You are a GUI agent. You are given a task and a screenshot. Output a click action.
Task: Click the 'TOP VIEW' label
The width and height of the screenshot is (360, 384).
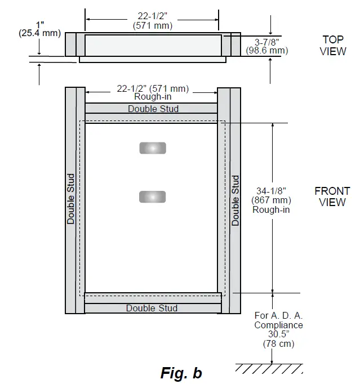pos(333,45)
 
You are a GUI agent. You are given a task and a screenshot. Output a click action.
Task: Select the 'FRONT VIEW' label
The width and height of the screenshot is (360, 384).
pos(332,197)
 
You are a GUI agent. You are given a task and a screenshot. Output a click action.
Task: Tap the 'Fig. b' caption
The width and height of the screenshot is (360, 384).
pos(181,373)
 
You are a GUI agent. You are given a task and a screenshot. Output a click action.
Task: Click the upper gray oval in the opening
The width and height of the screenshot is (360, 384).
pos(153,148)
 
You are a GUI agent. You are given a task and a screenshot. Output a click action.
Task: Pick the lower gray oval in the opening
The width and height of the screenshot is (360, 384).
pos(153,197)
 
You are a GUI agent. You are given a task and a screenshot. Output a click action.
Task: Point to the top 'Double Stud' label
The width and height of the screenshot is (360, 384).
pos(153,109)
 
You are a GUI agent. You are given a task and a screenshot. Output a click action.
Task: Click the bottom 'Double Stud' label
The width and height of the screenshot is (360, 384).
pos(152,308)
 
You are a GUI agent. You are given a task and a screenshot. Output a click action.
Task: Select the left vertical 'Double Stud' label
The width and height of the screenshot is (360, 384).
pos(71,199)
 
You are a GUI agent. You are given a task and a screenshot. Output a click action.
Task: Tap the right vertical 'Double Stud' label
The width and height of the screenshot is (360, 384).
pos(235,200)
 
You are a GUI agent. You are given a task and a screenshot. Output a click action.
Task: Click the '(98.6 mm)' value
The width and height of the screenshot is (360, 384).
pos(267,51)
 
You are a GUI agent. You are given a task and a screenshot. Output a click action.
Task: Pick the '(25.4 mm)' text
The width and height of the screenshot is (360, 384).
pos(39,33)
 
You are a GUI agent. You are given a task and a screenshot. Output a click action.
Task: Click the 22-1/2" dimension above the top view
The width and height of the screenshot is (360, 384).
pos(152,16)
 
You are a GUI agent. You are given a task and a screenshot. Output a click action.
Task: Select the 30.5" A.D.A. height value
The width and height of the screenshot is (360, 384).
pos(278,334)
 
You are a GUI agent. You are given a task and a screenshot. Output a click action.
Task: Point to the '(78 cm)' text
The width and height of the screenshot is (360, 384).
pos(278,343)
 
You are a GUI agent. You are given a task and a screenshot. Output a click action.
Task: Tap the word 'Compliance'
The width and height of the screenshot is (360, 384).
pos(278,325)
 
